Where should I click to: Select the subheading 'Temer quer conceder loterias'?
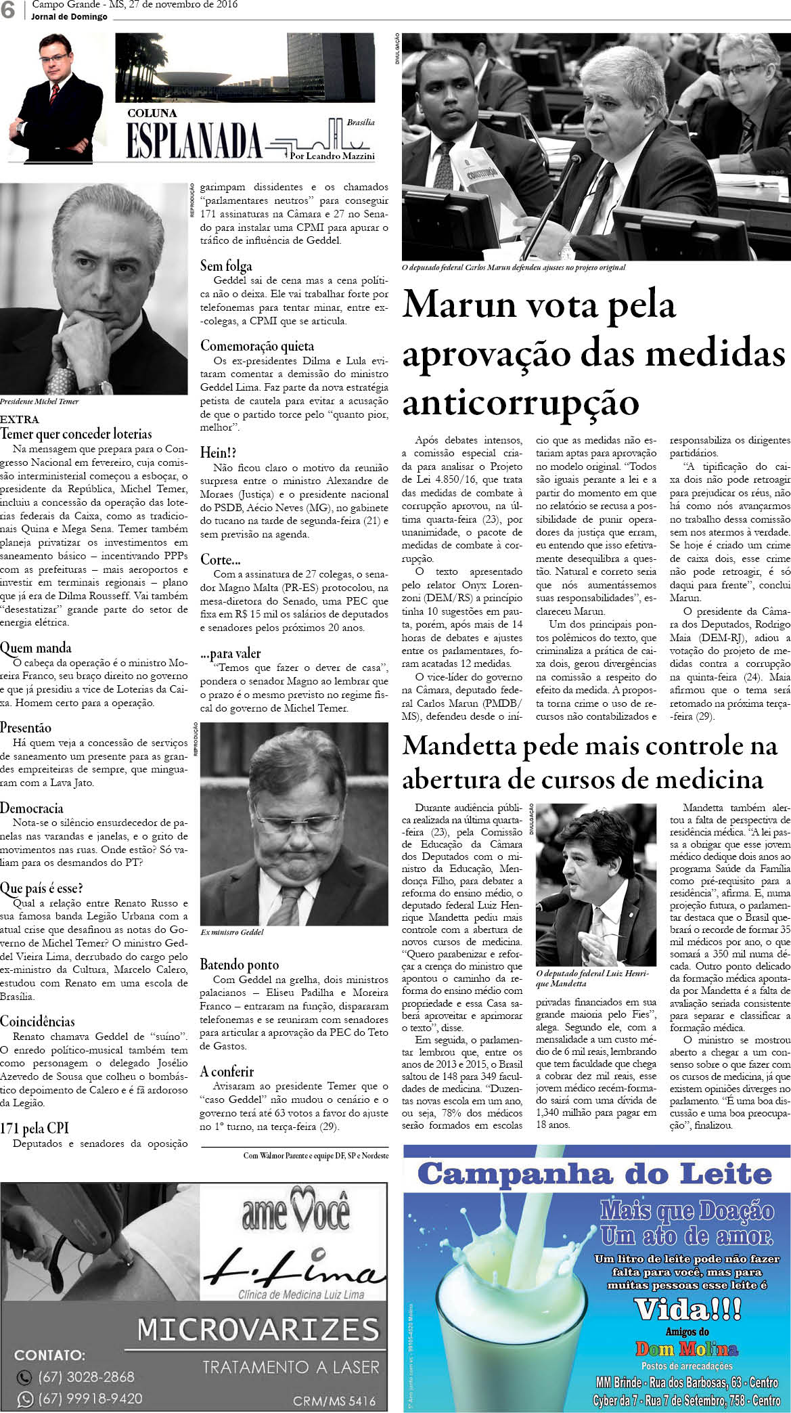76,433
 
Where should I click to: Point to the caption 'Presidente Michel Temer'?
39,401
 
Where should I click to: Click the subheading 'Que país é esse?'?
41,888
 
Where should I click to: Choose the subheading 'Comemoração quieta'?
257,346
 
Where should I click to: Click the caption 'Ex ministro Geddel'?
232,933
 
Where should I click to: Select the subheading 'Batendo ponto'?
239,965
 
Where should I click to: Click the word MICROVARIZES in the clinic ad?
258,1330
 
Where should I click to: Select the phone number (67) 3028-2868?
86,1376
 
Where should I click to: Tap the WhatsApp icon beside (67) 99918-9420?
24,1398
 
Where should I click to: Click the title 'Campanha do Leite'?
595,1174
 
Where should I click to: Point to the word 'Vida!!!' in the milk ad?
687,1309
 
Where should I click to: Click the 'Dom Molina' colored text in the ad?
686,1348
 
